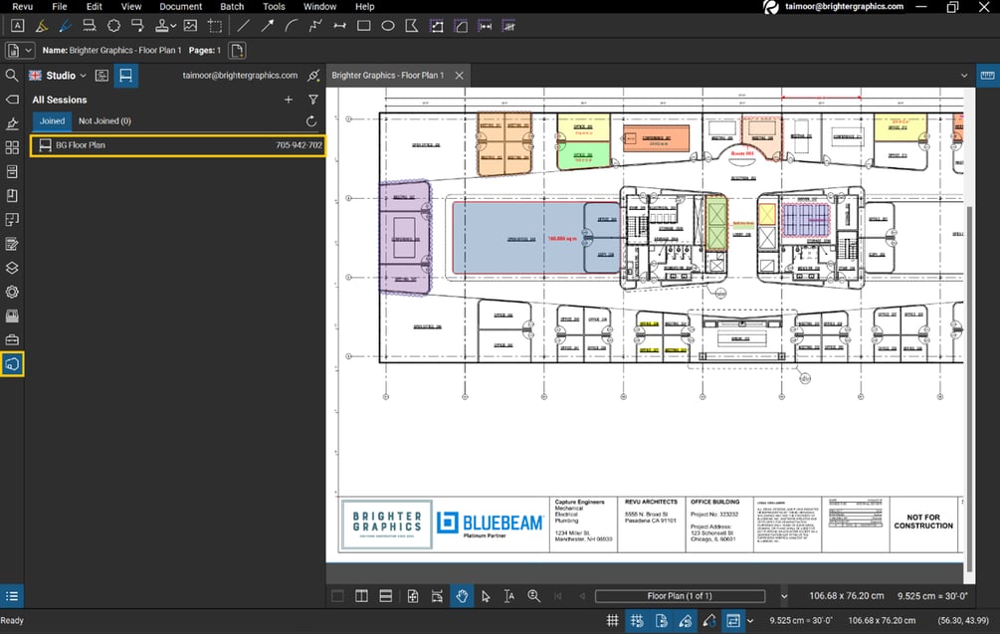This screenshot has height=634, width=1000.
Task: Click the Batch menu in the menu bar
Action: click(232, 7)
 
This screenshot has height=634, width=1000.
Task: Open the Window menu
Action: click(319, 7)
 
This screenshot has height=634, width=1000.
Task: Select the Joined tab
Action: click(52, 121)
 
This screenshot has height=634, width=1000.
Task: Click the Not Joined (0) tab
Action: click(104, 121)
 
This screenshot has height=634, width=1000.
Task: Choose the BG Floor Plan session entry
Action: click(80, 145)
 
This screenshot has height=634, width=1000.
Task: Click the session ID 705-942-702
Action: click(299, 145)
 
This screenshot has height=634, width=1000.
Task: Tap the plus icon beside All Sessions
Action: click(289, 100)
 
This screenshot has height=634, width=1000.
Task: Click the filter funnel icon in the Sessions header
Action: click(313, 100)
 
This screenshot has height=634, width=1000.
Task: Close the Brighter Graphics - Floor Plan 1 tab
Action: click(460, 76)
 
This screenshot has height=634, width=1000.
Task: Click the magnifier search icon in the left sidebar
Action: click(12, 76)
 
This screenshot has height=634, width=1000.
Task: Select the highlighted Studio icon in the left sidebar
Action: click(12, 365)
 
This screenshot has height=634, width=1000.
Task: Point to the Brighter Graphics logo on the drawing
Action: click(386, 525)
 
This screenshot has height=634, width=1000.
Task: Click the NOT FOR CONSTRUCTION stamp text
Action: click(923, 522)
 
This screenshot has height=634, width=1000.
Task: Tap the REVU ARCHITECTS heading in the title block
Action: click(652, 503)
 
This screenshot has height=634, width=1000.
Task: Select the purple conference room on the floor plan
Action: click(404, 238)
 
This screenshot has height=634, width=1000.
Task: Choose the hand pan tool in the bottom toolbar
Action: click(462, 596)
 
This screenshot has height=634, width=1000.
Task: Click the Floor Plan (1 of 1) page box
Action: click(680, 596)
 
